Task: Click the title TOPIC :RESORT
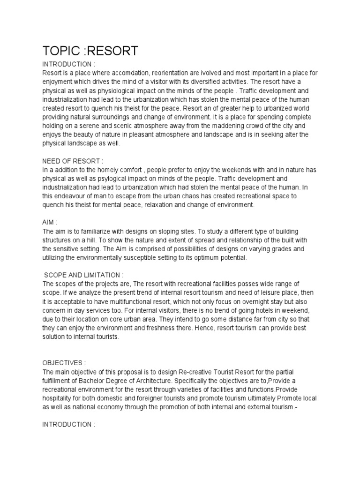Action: pos(90,51)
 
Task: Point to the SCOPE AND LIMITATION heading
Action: pos(84,275)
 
